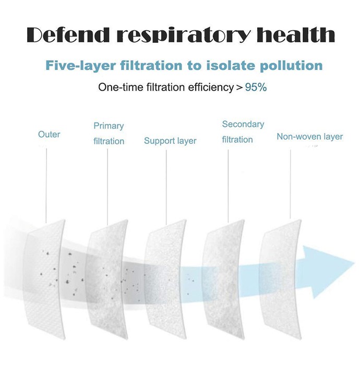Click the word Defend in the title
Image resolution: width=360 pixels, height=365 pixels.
(x=68, y=35)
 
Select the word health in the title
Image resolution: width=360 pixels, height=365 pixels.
(x=296, y=35)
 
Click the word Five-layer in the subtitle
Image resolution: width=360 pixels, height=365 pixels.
(x=80, y=66)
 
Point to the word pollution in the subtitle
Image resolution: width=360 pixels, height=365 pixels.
(x=291, y=66)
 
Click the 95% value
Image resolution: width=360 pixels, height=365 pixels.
(x=256, y=87)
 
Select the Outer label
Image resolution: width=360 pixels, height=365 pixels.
(x=49, y=135)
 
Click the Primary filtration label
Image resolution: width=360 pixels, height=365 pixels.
(x=109, y=133)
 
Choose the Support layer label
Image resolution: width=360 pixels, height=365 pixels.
(x=170, y=141)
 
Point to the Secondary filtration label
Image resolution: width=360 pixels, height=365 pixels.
(x=243, y=132)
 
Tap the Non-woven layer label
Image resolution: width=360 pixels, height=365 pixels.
(x=310, y=137)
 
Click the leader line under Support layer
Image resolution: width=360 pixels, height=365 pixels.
(x=166, y=187)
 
